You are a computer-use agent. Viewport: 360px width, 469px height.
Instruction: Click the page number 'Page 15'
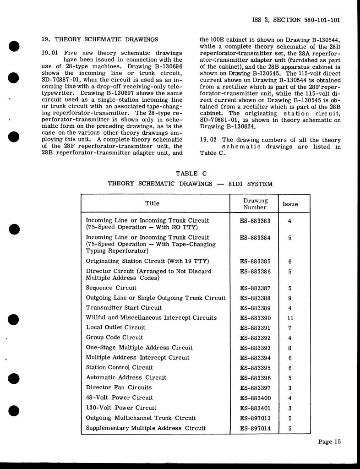pyautogui.click(x=330, y=442)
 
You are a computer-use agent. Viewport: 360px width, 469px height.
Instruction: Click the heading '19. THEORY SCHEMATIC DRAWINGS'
pyautogui.click(x=100, y=39)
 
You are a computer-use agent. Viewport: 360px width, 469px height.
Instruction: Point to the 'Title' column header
pyautogui.click(x=153, y=204)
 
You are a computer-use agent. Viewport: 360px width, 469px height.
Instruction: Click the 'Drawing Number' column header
pyautogui.click(x=255, y=204)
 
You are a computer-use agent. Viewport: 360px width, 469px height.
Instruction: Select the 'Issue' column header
pyautogui.click(x=290, y=204)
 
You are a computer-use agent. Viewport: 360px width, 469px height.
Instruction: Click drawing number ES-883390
pyautogui.click(x=255, y=318)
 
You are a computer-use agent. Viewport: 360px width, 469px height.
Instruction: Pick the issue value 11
pyautogui.click(x=290, y=318)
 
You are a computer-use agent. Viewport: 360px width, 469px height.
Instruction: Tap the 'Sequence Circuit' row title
pyautogui.click(x=111, y=288)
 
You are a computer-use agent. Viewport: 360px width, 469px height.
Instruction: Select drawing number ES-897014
pyautogui.click(x=255, y=428)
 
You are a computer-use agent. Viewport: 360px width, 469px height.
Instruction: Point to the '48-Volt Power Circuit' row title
pyautogui.click(x=120, y=398)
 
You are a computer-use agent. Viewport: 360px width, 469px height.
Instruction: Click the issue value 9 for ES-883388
pyautogui.click(x=290, y=298)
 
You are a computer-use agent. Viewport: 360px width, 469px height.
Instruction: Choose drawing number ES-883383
pyautogui.click(x=255, y=221)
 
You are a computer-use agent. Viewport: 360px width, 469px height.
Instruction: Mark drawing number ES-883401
pyautogui.click(x=255, y=408)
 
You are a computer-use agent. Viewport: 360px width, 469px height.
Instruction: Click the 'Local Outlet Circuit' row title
pyautogui.click(x=115, y=327)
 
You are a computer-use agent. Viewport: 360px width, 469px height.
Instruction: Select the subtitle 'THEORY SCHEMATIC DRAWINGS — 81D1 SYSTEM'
pyautogui.click(x=190, y=184)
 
